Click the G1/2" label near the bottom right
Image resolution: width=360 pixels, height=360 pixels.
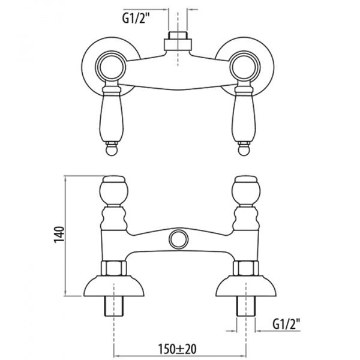pyautogui.click(x=286, y=324)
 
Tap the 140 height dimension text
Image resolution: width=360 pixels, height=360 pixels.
pyautogui.click(x=59, y=235)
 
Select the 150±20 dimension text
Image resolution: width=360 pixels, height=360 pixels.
pyautogui.click(x=177, y=349)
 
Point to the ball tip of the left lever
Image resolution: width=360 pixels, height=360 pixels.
pyautogui.click(x=112, y=149)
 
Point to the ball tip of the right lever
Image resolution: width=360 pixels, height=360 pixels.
pyautogui.click(x=244, y=149)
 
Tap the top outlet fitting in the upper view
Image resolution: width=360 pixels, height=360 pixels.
pyautogui.click(x=178, y=41)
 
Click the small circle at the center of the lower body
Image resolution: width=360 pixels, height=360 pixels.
pyautogui.click(x=178, y=239)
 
